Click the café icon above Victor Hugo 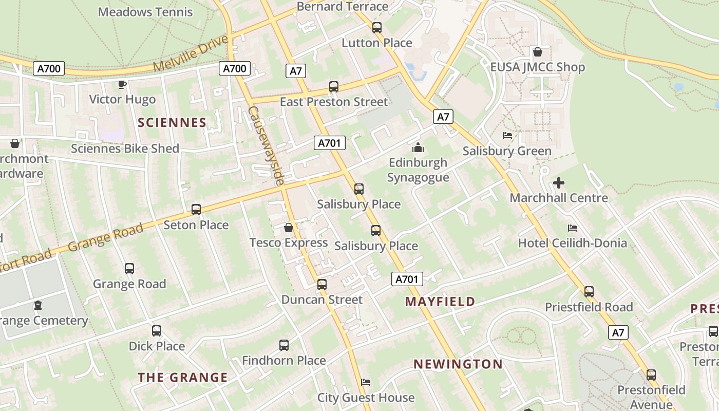[x=122, y=84]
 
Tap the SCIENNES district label [x=172, y=123]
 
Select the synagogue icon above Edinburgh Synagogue [x=418, y=148]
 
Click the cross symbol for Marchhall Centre [x=559, y=182]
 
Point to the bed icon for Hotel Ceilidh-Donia [x=573, y=228]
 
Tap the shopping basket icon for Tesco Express [x=289, y=227]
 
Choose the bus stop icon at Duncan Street [x=322, y=284]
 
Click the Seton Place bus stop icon [x=196, y=210]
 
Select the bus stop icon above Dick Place [x=157, y=331]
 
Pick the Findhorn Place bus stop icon [x=284, y=345]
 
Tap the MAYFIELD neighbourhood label [x=440, y=302]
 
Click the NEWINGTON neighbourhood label [x=458, y=364]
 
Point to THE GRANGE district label [x=182, y=378]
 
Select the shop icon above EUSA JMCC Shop [x=538, y=52]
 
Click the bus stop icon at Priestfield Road [x=589, y=292]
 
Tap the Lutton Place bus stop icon [x=377, y=28]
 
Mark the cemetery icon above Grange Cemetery [x=38, y=305]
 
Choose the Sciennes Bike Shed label [x=125, y=148]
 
